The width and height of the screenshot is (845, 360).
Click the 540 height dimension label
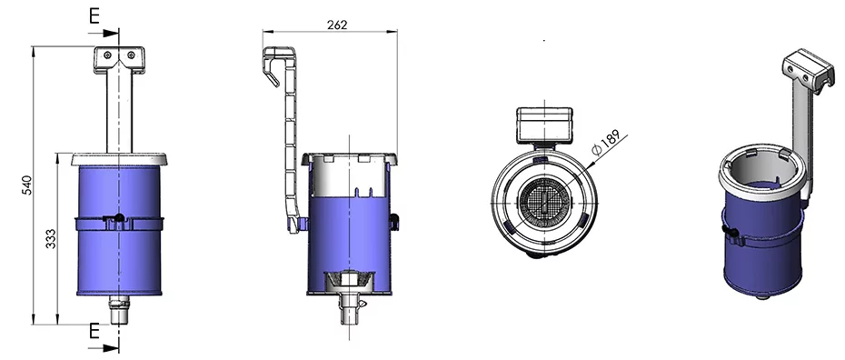pyautogui.click(x=27, y=185)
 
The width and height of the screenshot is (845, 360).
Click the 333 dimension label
pyautogui.click(x=50, y=239)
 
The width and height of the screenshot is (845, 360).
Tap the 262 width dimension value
pyautogui.click(x=337, y=25)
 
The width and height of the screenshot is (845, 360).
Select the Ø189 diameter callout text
pyautogui.click(x=606, y=143)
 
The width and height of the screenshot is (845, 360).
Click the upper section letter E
pyautogui.click(x=94, y=16)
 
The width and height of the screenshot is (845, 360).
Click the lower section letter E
pyautogui.click(x=94, y=332)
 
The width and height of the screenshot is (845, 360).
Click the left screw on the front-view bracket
pyautogui.click(x=108, y=55)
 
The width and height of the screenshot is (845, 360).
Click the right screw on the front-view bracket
pyautogui.click(x=131, y=55)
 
